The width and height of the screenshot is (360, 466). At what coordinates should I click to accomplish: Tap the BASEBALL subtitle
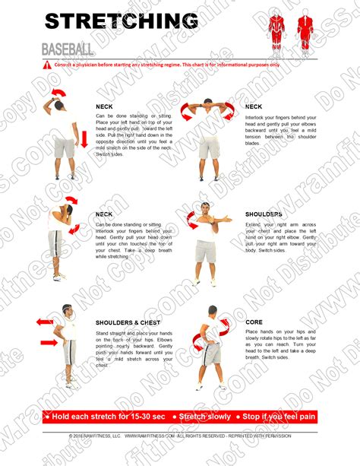pos(68,49)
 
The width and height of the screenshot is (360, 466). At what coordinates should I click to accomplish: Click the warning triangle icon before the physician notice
pos(47,65)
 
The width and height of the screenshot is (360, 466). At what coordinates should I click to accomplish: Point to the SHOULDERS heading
pos(264,214)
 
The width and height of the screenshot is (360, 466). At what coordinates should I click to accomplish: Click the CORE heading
pos(254,322)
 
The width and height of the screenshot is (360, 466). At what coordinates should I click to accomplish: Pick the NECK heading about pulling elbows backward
pos(254,107)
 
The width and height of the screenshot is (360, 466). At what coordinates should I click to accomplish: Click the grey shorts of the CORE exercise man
pos(210,353)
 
